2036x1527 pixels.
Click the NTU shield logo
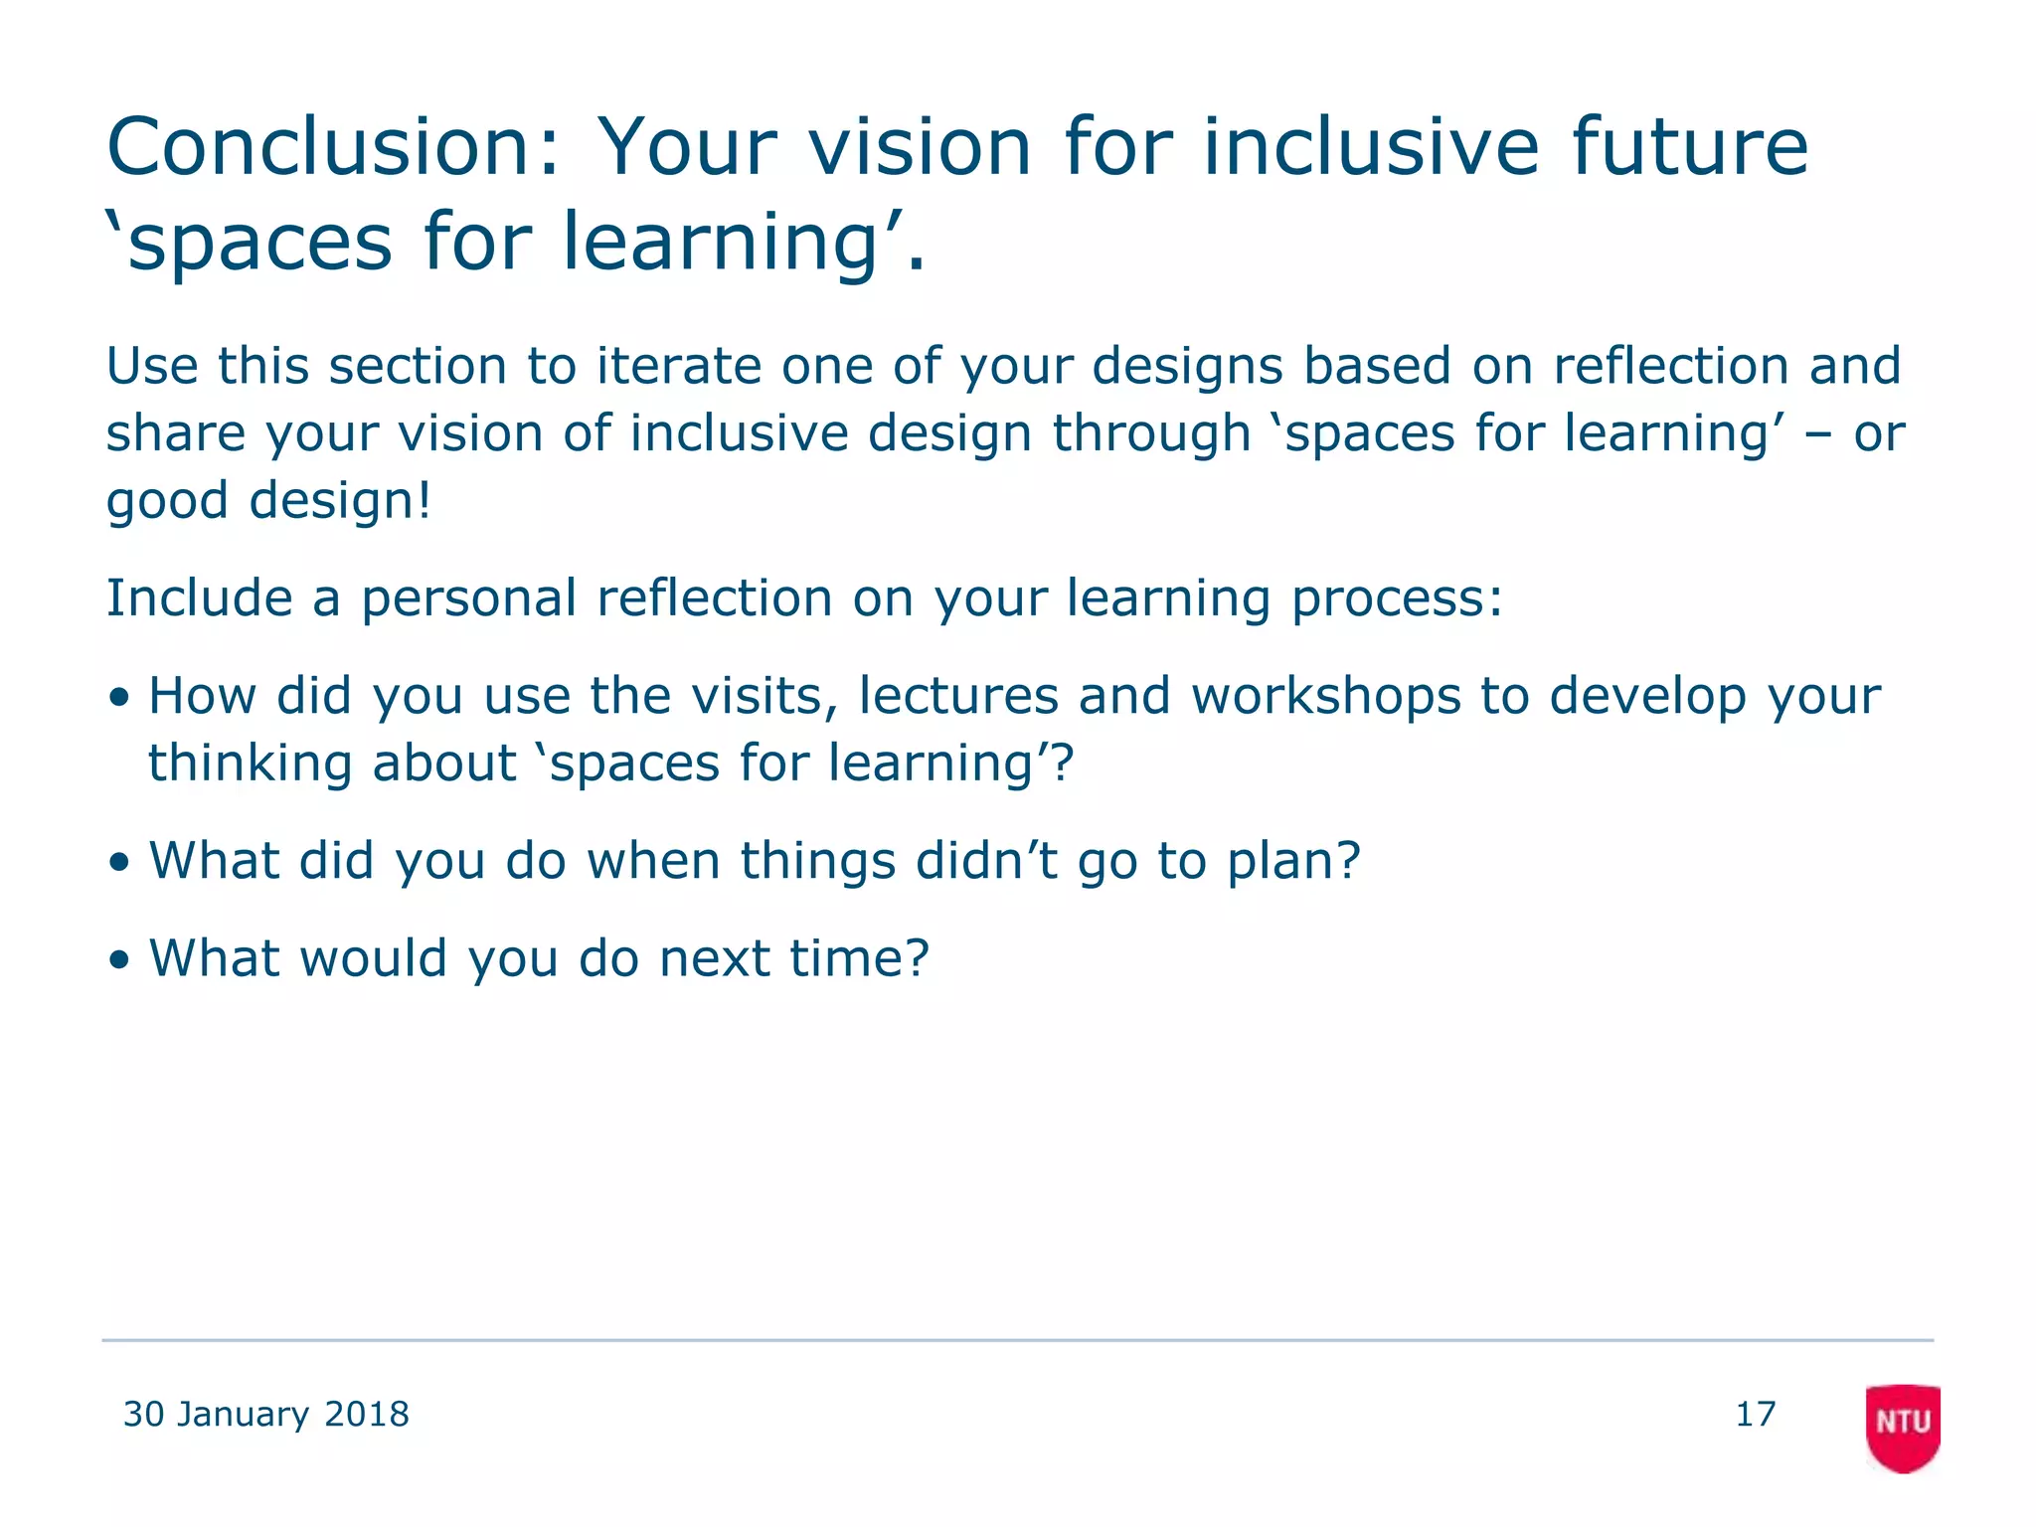(x=1902, y=1426)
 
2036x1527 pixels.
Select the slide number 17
(x=1755, y=1414)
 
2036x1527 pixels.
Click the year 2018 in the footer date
(x=367, y=1414)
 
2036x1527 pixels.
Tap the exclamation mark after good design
(x=425, y=500)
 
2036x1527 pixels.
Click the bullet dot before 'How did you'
(x=120, y=698)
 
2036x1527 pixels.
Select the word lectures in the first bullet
(x=958, y=696)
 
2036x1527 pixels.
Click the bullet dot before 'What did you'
(x=120, y=863)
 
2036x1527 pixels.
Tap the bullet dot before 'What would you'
(x=120, y=960)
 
